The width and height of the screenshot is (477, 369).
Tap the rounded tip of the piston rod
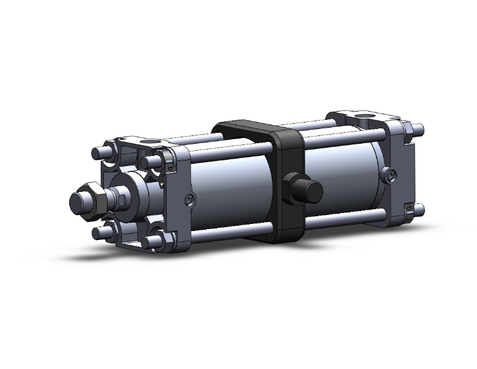[x=78, y=201]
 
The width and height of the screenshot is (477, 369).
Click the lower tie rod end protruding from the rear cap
[x=420, y=209]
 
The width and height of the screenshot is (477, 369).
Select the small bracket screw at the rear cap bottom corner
[x=408, y=207]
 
